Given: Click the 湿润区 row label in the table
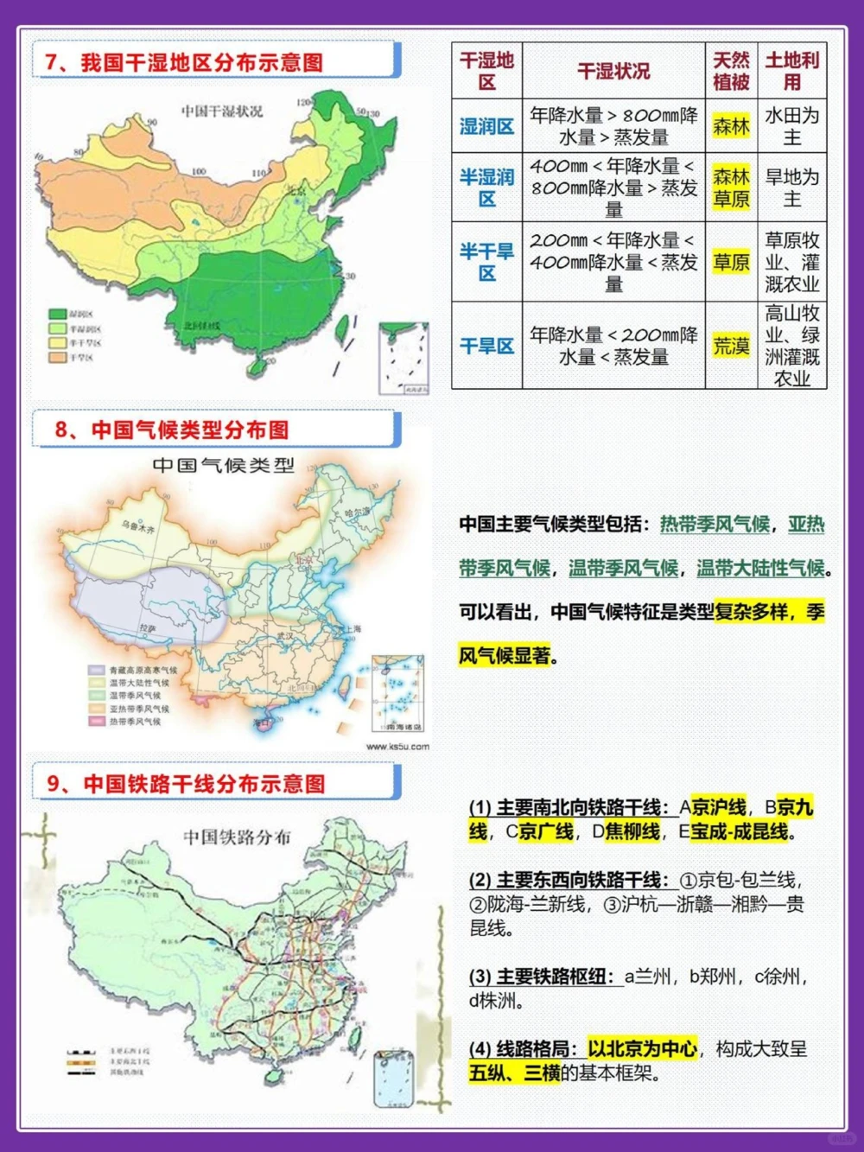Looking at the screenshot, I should click(x=486, y=126).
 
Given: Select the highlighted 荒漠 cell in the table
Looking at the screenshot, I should click(x=731, y=347).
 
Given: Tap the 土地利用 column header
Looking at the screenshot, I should click(x=791, y=71).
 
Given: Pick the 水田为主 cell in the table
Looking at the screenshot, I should click(x=791, y=126).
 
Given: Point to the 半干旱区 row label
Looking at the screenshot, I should click(x=486, y=262).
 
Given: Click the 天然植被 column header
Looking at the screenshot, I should click(x=731, y=71).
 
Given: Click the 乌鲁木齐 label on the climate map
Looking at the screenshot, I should click(x=138, y=526).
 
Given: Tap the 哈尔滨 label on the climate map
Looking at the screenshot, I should click(x=356, y=512).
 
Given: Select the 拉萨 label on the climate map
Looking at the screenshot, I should click(x=149, y=628).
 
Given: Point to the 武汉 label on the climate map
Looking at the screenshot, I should click(x=285, y=636).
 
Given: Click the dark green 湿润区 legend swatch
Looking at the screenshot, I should click(x=58, y=315).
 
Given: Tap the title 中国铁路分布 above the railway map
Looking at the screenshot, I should click(x=237, y=837).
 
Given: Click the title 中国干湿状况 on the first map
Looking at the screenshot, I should click(x=222, y=111).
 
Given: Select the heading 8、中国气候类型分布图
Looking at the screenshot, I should click(x=172, y=430).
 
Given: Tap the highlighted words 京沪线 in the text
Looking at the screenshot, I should click(x=719, y=808).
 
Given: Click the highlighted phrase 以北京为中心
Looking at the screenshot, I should click(x=642, y=1049).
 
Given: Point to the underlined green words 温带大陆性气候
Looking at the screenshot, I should click(x=760, y=569).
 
